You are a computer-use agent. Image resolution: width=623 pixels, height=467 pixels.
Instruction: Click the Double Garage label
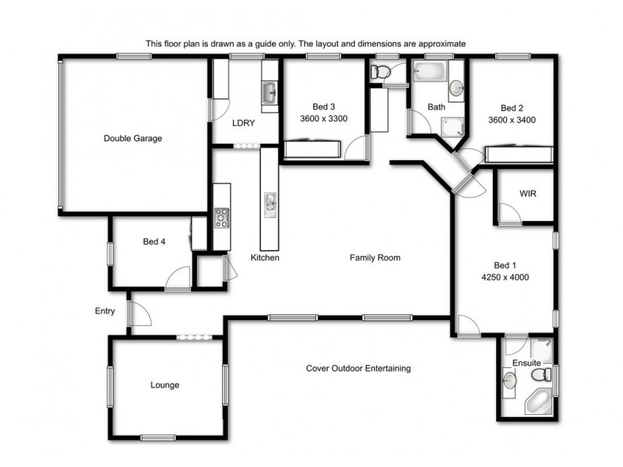[132, 139]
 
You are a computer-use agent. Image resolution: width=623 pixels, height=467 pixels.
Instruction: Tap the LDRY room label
[244, 123]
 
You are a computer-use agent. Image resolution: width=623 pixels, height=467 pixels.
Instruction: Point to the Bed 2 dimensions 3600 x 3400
[511, 120]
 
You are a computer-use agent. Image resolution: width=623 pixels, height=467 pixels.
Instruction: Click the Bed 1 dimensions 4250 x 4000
[505, 276]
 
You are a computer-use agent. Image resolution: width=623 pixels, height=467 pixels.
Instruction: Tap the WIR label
[528, 193]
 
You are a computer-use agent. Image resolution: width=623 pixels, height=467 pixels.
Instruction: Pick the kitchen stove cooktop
[222, 217]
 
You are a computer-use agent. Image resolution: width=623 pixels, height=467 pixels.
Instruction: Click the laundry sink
[269, 94]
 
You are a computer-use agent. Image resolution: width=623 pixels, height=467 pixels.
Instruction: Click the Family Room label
[375, 258]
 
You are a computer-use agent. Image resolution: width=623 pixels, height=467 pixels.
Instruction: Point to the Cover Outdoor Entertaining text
[358, 368]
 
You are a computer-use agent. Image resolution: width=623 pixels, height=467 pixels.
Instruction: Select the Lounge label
[164, 385]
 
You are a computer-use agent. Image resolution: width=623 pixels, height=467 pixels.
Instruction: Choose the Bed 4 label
[153, 242]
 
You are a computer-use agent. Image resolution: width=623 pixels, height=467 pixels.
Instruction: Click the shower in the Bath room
[450, 125]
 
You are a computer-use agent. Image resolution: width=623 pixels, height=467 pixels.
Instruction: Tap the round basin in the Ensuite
[509, 380]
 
